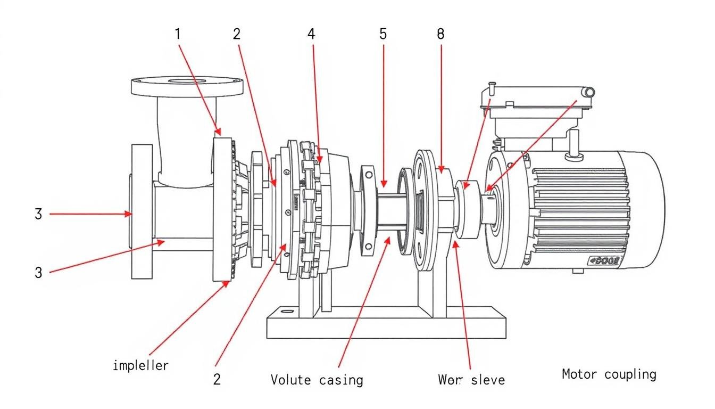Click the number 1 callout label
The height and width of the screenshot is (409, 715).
[178, 34]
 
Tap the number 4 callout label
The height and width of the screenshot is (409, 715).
[311, 34]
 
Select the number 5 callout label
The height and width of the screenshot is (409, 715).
[383, 34]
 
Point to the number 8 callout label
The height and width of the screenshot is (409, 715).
[440, 34]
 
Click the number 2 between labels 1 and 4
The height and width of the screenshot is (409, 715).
[237, 34]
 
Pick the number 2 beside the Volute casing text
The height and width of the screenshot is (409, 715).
[217, 379]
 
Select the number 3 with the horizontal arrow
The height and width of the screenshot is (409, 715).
[38, 214]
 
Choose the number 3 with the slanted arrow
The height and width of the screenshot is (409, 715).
[38, 273]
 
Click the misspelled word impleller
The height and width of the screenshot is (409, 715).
[140, 365]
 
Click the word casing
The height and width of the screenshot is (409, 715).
[342, 380]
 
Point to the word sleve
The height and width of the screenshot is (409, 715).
[486, 380]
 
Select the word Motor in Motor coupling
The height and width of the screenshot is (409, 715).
[579, 374]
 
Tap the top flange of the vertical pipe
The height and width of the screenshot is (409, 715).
[187, 85]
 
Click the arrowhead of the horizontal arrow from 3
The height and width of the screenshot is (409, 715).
[129, 214]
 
